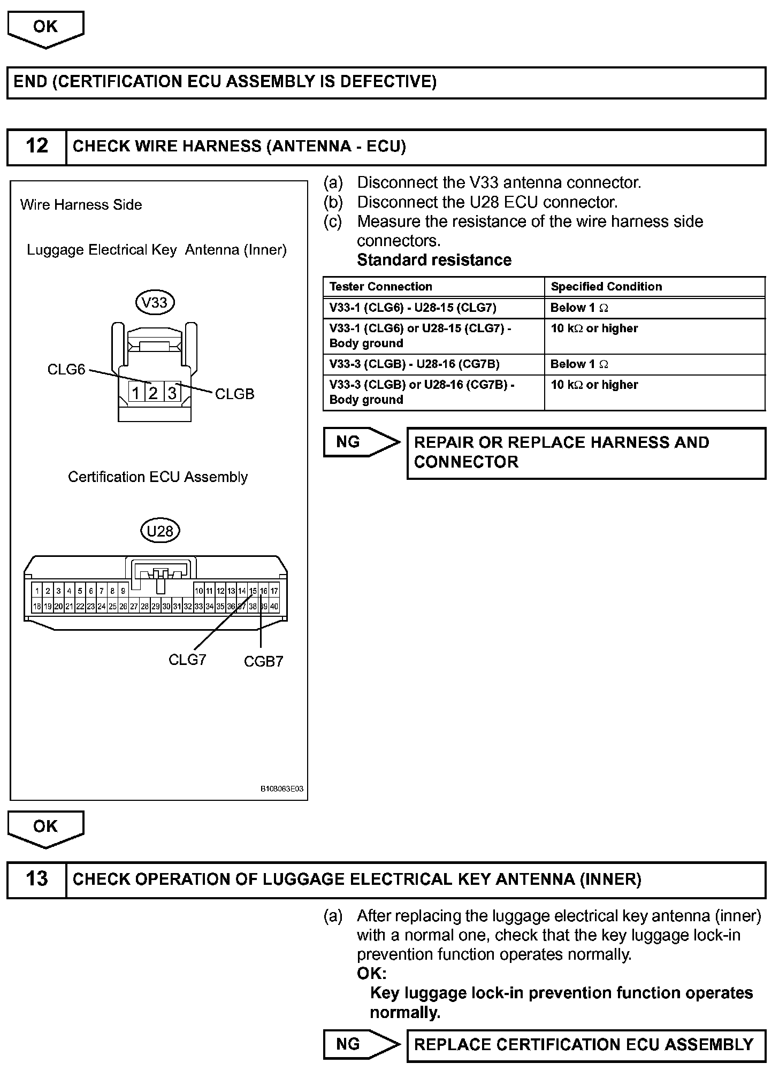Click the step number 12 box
click(x=36, y=146)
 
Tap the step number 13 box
click(x=36, y=879)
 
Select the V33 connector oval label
click(x=155, y=303)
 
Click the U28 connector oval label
click(x=160, y=531)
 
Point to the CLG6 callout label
click(x=66, y=370)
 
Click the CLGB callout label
click(x=234, y=394)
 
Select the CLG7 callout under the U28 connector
click(x=187, y=660)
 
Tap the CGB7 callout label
click(x=263, y=662)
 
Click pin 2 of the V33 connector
click(x=154, y=393)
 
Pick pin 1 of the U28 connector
click(x=37, y=591)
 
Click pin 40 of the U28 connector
click(x=274, y=607)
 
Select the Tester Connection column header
click(x=380, y=287)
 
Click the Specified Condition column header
click(x=606, y=287)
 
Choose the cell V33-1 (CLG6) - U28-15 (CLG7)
click(x=413, y=308)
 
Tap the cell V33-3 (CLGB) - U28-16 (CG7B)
click(x=414, y=364)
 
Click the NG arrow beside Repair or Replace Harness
click(x=360, y=442)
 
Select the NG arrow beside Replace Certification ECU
click(x=360, y=1044)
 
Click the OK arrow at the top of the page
click(x=45, y=28)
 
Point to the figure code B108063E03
click(x=282, y=789)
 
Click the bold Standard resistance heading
click(x=434, y=260)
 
